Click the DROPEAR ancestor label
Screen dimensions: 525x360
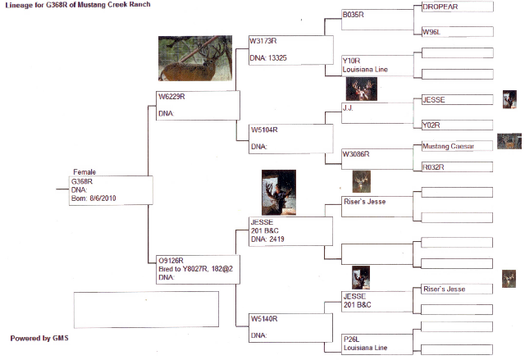[440, 7]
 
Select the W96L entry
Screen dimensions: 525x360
[431, 32]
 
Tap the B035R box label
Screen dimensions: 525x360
[353, 15]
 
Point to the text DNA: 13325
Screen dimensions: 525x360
[268, 58]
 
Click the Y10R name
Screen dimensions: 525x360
[351, 61]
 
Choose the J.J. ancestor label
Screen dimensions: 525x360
[348, 107]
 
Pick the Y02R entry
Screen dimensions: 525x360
[431, 125]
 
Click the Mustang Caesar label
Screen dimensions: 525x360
[448, 146]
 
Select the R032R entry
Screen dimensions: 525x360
[433, 167]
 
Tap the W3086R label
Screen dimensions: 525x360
[356, 154]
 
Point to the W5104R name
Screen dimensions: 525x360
[264, 130]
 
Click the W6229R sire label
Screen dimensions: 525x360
[171, 97]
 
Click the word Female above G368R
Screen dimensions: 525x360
[84, 172]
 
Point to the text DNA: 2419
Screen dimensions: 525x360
[267, 239]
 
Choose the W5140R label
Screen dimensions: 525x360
[264, 319]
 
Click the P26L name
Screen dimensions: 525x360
[351, 339]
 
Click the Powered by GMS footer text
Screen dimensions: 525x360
[39, 338]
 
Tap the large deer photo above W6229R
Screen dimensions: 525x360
[195, 58]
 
